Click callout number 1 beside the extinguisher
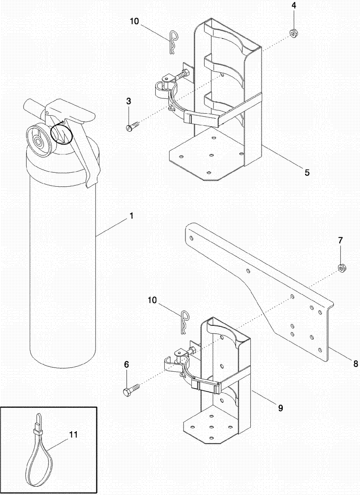[x=131, y=216]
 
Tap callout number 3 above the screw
[x=129, y=101]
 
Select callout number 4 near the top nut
[x=293, y=6]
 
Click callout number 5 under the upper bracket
[x=307, y=173]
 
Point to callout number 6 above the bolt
[x=126, y=364]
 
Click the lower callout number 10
[x=152, y=300]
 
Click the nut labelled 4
[x=293, y=34]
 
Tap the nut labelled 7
[x=341, y=268]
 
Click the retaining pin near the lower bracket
[x=184, y=321]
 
